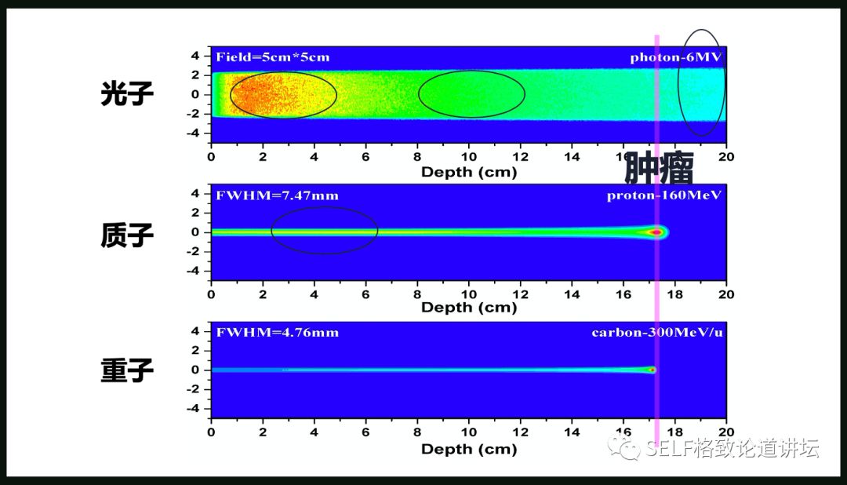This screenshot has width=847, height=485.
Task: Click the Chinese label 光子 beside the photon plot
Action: [127, 95]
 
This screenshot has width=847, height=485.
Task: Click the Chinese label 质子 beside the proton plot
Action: [127, 235]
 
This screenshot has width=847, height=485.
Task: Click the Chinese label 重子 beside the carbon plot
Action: [127, 371]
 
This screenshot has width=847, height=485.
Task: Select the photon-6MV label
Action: [675, 57]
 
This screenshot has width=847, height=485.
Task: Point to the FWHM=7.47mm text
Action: [278, 195]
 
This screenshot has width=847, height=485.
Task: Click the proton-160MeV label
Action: [664, 195]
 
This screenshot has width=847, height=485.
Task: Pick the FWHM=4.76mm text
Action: [278, 333]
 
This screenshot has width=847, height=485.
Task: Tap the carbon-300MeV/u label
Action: [656, 333]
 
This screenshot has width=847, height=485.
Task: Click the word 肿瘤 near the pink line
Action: [658, 168]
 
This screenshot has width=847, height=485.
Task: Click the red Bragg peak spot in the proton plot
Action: [655, 232]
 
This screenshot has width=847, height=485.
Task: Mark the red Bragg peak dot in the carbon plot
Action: [651, 370]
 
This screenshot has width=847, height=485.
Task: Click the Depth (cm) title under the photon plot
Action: [469, 172]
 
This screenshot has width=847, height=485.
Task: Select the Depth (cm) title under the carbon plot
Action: [469, 450]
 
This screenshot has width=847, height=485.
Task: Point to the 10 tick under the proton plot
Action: [469, 294]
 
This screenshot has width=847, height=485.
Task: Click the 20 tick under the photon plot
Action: [726, 156]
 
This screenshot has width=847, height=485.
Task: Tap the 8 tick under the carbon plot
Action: [417, 432]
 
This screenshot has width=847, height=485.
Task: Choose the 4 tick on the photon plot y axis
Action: [197, 56]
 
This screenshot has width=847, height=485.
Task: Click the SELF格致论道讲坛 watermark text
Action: [732, 449]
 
